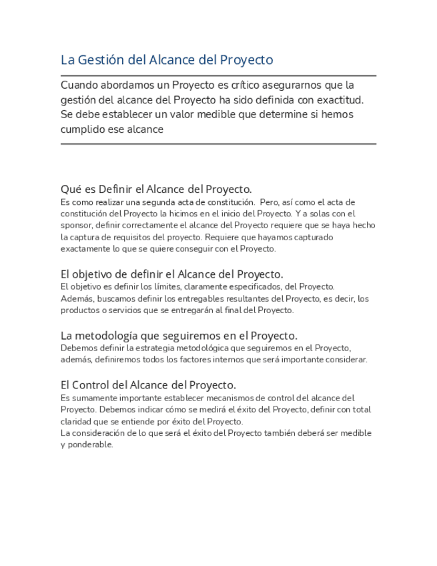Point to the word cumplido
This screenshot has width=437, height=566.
point(83,129)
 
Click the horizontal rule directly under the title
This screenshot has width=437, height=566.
point(218,75)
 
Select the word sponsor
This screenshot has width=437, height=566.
point(75,226)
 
